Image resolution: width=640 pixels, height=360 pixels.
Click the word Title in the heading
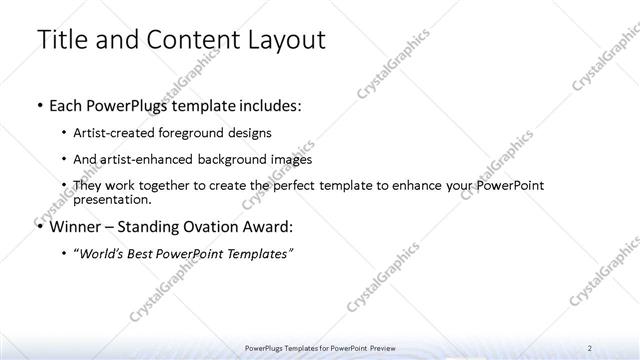61,41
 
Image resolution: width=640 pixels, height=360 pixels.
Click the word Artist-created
116,132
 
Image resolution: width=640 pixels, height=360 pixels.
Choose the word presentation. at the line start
110,199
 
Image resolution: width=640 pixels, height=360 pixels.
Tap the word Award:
271,226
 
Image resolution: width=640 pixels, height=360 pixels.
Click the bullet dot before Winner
39,227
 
